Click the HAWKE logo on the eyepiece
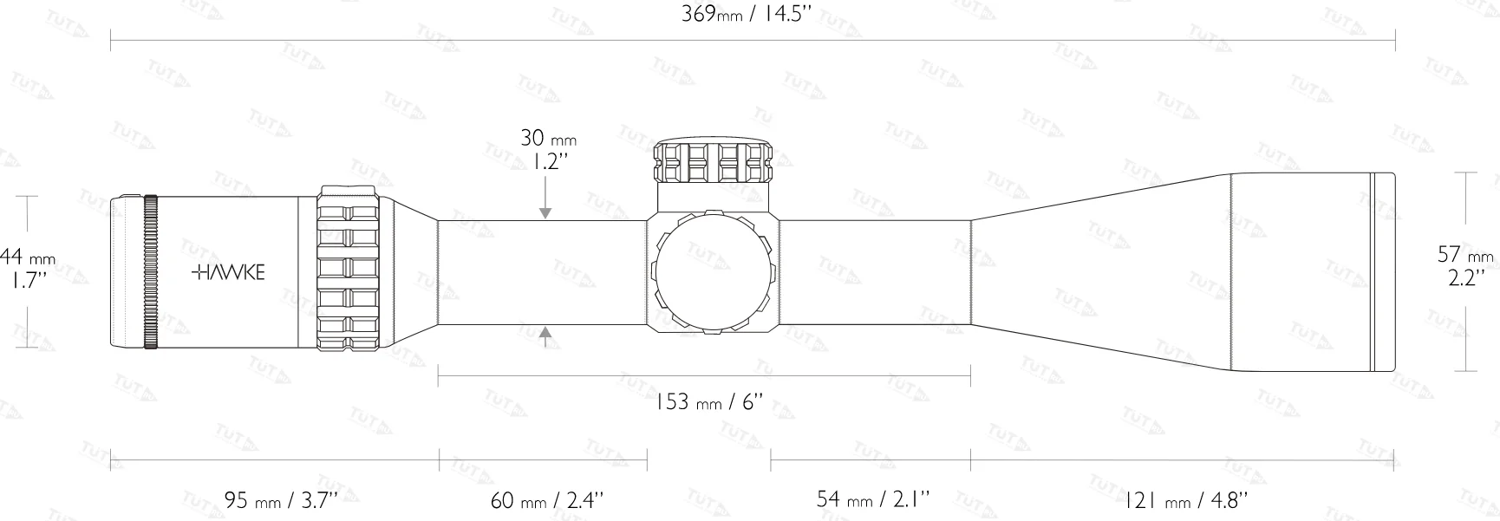coord(228,272)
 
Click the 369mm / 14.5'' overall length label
coord(747,15)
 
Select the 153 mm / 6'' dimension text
coord(708,401)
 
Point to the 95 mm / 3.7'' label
coord(280,500)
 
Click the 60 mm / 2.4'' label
coord(547,500)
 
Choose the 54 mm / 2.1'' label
coord(872,498)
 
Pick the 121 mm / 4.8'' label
coord(1185,500)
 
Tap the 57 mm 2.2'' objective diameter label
coord(1465,266)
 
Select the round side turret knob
coord(713,272)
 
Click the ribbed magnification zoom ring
coord(349,270)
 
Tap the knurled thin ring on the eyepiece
coord(151,272)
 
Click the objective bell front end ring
coord(1383,272)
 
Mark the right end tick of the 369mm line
coord(1394,40)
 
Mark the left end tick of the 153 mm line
coord(439,376)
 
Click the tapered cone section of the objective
coord(1101,272)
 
